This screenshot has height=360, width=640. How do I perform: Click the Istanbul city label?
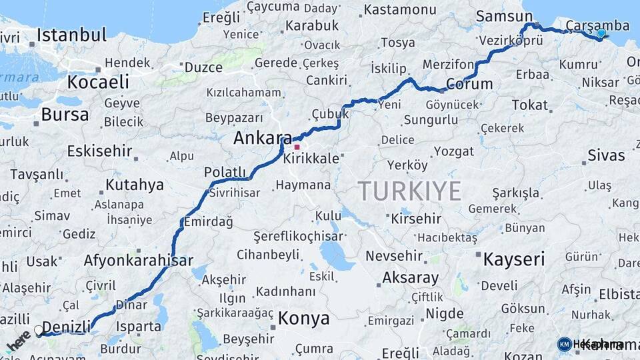point(71,35)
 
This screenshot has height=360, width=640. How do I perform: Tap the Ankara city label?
point(262,139)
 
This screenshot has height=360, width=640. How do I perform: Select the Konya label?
point(303,318)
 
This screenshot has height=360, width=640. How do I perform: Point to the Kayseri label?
point(514,259)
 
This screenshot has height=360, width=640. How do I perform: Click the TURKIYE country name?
point(410,191)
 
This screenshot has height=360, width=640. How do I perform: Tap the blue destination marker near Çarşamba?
point(601,33)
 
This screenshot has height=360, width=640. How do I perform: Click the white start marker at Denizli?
point(39,329)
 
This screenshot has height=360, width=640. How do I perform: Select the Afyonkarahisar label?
point(138,261)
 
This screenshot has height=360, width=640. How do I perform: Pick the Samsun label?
point(499,15)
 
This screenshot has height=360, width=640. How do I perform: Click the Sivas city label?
point(606,155)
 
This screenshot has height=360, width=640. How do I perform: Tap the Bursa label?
point(65,114)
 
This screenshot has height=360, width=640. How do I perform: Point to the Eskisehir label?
point(98,151)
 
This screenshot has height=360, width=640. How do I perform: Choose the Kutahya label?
point(134,185)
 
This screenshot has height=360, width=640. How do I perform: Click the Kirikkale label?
point(311,159)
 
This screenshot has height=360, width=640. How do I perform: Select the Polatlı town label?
point(225,173)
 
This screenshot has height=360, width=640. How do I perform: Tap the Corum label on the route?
point(469,85)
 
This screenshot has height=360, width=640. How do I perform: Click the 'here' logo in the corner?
point(18,341)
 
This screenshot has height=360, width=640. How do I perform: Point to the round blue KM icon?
point(565,344)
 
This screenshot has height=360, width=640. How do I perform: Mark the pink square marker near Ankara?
point(297,147)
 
